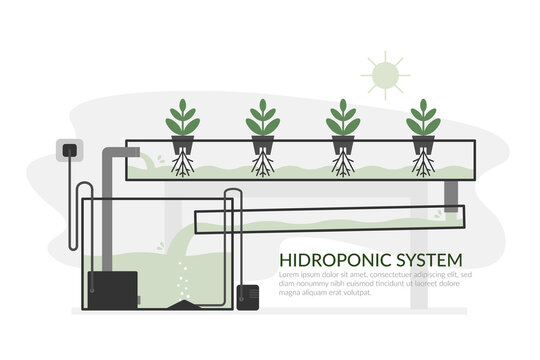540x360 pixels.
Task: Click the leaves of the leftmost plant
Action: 182,118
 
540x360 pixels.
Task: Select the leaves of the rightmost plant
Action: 422,118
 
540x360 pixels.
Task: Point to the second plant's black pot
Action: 262,145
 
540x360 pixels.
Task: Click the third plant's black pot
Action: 342,145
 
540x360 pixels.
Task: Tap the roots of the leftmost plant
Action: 182,165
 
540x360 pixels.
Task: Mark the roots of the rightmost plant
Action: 422,165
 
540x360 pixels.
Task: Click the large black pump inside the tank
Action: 112,289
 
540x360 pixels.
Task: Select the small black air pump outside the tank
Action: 248,296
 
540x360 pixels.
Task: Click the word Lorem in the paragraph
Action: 290,274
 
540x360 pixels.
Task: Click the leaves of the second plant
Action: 262,118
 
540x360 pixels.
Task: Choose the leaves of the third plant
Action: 342,118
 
